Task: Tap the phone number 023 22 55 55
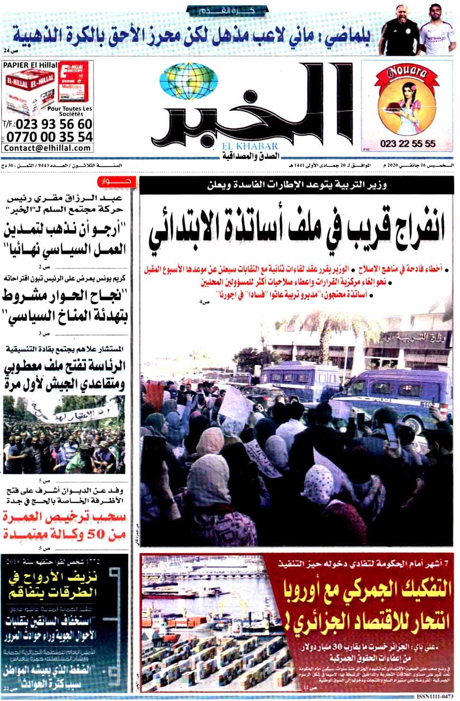click(408, 143)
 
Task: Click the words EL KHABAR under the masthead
click(253, 147)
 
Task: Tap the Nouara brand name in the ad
click(408, 73)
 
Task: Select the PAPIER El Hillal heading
click(30, 65)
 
